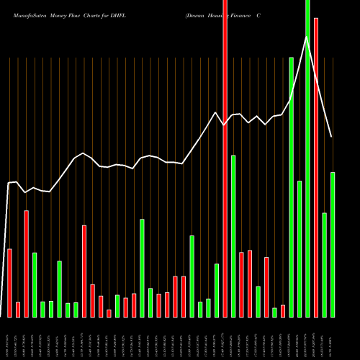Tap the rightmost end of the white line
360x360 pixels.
click(x=332, y=137)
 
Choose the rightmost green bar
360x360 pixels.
click(x=333, y=244)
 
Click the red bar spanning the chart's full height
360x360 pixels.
click(x=225, y=158)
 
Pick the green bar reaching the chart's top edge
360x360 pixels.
click(x=307, y=158)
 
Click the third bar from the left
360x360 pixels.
click(x=26, y=264)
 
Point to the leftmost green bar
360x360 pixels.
click(x=35, y=284)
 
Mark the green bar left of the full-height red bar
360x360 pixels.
click(x=217, y=290)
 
